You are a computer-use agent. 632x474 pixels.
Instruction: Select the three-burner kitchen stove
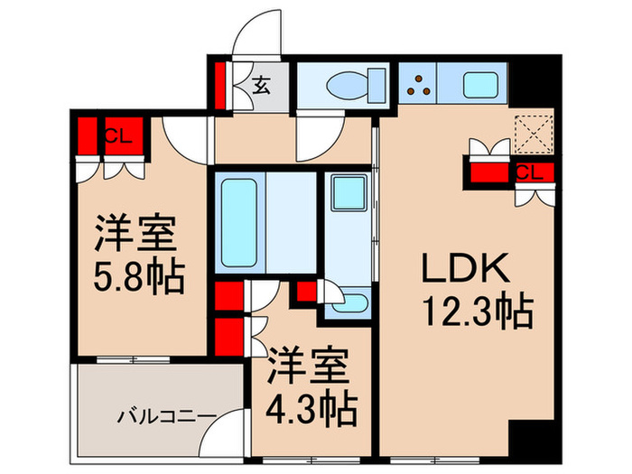(x=417, y=84)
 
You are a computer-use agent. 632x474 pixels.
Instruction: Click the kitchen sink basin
(x=478, y=84)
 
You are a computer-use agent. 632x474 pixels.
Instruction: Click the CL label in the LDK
(x=530, y=171)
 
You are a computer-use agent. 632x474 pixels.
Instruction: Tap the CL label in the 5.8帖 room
(x=116, y=137)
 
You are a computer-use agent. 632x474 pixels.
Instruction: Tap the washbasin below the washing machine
(x=347, y=302)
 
